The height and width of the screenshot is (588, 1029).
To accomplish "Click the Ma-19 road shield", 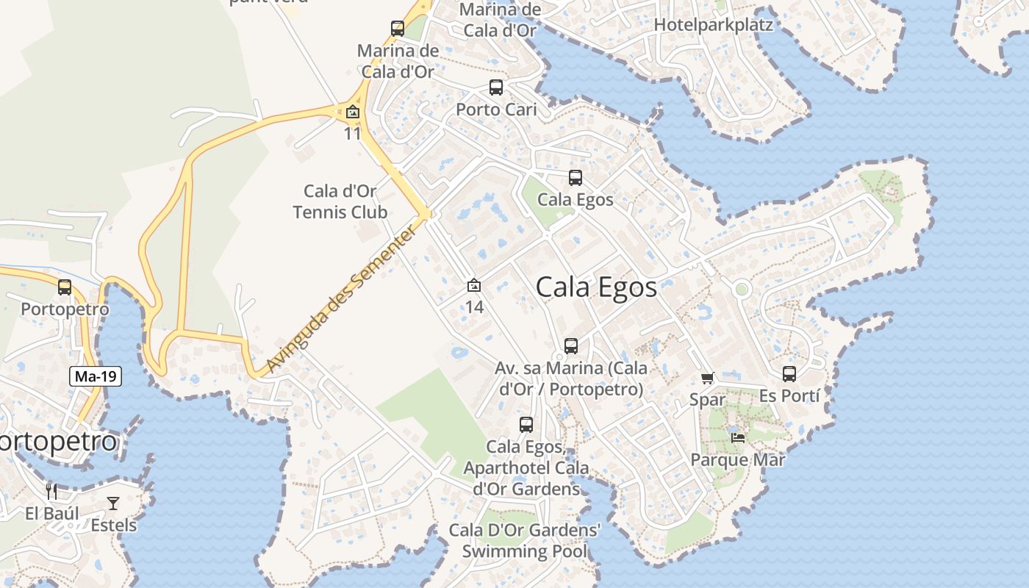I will pos(96,377).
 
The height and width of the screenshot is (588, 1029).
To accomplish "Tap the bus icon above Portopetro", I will pos(65,287).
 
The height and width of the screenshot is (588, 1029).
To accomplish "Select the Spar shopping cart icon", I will pos(707,379).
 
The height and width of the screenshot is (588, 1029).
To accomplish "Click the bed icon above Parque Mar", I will pos(738,438).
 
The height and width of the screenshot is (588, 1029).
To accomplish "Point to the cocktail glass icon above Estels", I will pos(113,503).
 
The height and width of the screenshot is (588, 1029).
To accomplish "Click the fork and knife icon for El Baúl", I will pos(51,491).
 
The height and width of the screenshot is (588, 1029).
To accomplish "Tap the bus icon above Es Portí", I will pos(789,374).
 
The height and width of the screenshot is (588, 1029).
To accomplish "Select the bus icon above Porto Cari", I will pos(496,87).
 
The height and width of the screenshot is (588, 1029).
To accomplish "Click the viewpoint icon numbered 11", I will pos(353,112).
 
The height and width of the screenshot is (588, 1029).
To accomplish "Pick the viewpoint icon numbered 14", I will pos(474,285).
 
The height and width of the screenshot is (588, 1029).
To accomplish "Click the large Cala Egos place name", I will pos(596,287).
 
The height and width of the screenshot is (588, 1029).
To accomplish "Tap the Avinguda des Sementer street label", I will pos(342,300).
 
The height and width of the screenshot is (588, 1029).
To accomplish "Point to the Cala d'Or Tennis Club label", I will pos(340,202).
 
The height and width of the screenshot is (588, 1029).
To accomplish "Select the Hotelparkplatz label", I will pos(713,24).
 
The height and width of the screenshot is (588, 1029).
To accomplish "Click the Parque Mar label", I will pos(738,460).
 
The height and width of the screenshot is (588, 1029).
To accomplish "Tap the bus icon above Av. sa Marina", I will pos(571,346).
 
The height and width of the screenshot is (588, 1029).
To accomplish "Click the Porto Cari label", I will pos(496,110).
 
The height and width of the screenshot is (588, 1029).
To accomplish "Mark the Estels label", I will pos(114,525).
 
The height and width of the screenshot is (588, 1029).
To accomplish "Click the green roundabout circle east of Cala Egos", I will pos(741,290).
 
